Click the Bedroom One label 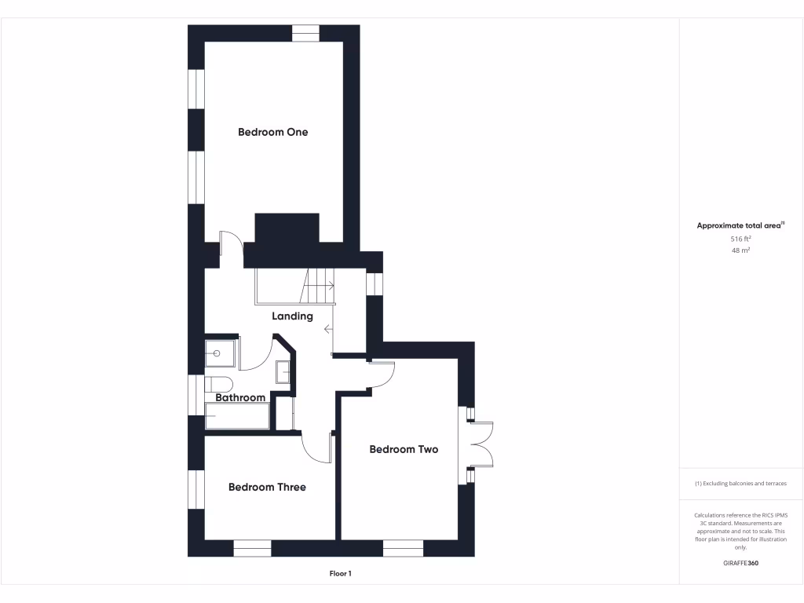click(272, 132)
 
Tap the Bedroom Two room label click(404, 449)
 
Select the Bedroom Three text click(267, 487)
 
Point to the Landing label click(292, 316)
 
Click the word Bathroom click(240, 398)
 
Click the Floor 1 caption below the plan click(340, 574)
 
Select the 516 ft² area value click(740, 239)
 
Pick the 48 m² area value click(740, 250)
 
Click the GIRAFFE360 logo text click(740, 563)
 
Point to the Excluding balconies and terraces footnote click(740, 484)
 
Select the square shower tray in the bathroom click(222, 353)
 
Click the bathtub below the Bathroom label click(237, 416)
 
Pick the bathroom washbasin click(283, 371)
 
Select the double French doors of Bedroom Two click(481, 445)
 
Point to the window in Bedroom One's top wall click(306, 33)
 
